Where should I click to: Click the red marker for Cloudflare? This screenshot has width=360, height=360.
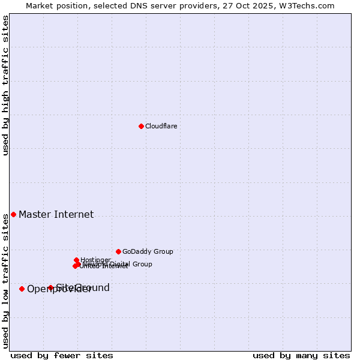(141, 126)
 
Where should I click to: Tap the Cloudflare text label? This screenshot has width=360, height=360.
(161, 126)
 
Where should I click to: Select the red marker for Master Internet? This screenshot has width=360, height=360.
(13, 214)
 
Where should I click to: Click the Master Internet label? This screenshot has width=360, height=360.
(56, 214)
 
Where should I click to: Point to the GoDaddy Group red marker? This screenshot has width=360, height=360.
(118, 251)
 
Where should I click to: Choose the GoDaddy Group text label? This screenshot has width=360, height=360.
(148, 251)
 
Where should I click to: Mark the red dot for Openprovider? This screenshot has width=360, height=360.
(22, 289)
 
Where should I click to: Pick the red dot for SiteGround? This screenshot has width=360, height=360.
(50, 287)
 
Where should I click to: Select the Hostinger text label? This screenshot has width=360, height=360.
(95, 260)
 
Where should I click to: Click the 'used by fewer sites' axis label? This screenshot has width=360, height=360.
(62, 355)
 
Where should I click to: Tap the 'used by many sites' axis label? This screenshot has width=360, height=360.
(301, 355)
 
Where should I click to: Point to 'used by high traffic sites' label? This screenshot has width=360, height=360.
(6, 85)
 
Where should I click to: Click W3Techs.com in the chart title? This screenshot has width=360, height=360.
(308, 5)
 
